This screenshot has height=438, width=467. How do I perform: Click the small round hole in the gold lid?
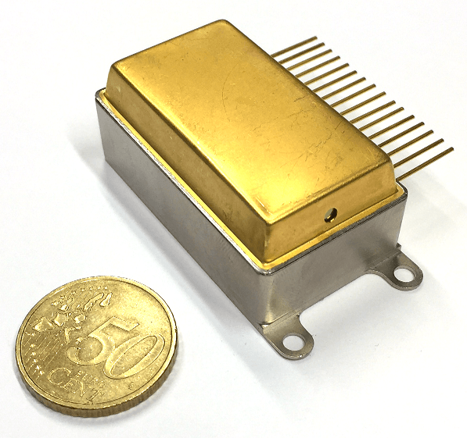[x=331, y=214]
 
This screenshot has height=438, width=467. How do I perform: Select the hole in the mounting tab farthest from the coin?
[x=402, y=272]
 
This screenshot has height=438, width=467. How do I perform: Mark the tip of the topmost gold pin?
[x=315, y=38]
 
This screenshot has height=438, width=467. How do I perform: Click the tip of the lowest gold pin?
[x=452, y=148]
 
